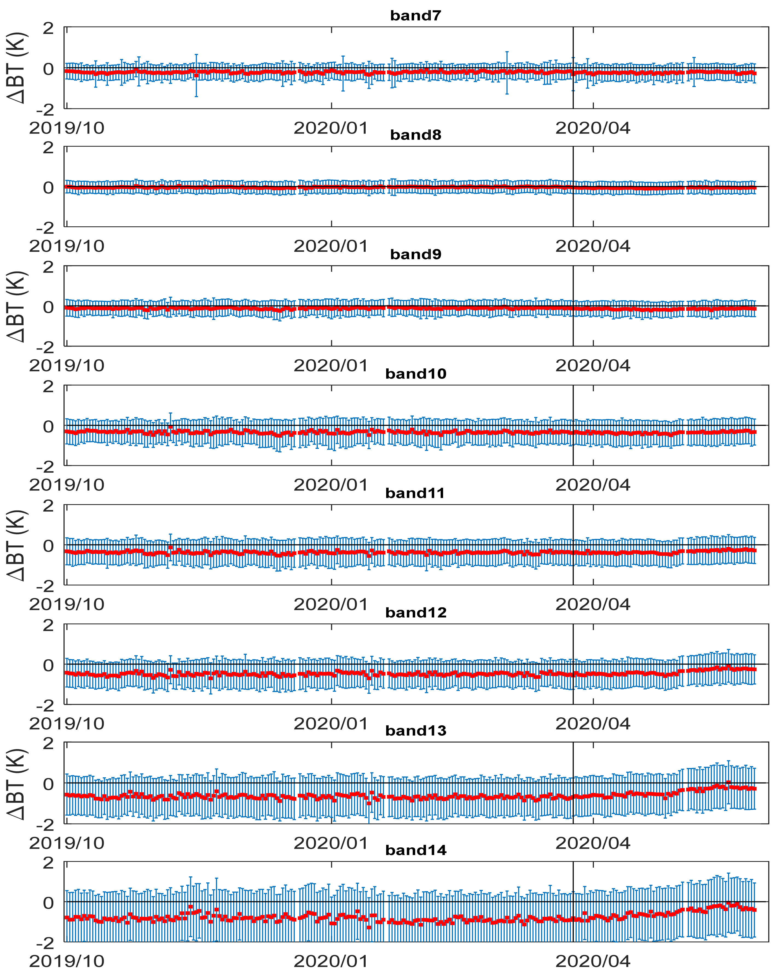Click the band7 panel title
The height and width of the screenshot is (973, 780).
click(x=415, y=16)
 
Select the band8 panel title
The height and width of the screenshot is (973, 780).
click(x=415, y=135)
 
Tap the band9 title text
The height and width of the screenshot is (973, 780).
click(x=415, y=255)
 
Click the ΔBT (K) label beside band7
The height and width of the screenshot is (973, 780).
click(x=17, y=68)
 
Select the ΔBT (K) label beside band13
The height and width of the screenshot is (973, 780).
click(x=17, y=784)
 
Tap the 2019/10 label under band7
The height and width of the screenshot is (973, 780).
click(x=67, y=128)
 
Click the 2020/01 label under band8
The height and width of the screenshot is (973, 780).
click(x=331, y=246)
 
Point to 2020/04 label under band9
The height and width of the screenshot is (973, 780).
click(x=593, y=366)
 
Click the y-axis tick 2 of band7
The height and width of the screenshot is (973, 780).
click(x=48, y=28)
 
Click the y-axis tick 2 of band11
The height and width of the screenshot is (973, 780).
click(x=48, y=506)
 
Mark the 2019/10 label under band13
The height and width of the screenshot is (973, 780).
click(x=67, y=843)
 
